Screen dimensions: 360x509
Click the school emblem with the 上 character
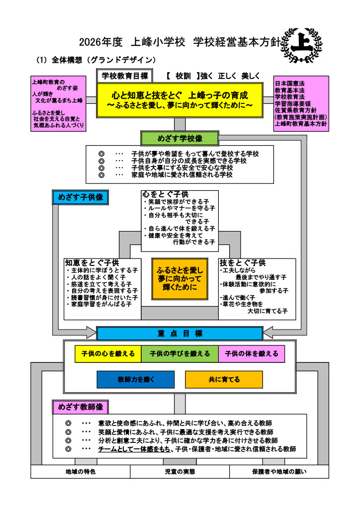301,45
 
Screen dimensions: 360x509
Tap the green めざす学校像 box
180,138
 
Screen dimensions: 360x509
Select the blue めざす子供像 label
81,197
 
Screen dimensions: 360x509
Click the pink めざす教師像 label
81,407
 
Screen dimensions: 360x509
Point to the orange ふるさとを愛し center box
180,279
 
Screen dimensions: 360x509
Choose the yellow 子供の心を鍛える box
108,353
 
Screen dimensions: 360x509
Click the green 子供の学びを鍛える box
180,353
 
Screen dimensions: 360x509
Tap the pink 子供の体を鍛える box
252,353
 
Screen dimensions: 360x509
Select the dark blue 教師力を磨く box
136,379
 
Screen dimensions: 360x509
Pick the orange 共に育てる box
224,379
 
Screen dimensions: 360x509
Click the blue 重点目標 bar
180,334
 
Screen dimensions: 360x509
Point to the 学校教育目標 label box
125,76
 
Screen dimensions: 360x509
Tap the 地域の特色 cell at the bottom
81,472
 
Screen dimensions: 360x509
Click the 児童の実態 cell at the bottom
180,472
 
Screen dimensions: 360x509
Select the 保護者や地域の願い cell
279,472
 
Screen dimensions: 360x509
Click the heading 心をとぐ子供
165,194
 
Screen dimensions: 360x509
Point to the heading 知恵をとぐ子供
92,262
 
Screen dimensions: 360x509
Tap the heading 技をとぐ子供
243,262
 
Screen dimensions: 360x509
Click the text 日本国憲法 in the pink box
290,84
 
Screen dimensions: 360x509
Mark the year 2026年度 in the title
100,42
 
